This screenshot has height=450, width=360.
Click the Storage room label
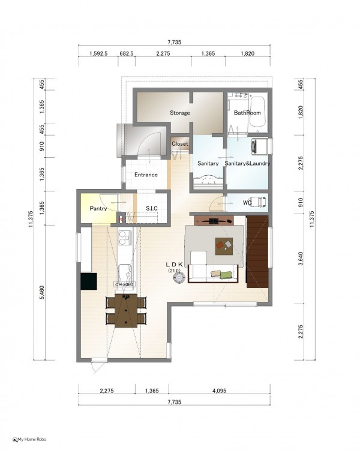pyautogui.click(x=180, y=113)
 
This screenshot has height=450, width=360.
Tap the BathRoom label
pyautogui.click(x=247, y=113)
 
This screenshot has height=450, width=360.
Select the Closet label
pyautogui.click(x=180, y=144)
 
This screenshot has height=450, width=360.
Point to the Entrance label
pyautogui.click(x=146, y=175)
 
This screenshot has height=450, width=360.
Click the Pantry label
pyautogui.click(x=98, y=208)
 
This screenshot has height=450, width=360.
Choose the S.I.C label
pyautogui.click(x=152, y=208)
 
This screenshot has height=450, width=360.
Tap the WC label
pyautogui.click(x=247, y=203)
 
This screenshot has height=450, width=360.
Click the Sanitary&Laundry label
pyautogui.click(x=247, y=163)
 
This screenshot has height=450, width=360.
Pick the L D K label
pyautogui.click(x=174, y=264)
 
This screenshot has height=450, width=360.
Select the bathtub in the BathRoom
pyautogui.click(x=257, y=112)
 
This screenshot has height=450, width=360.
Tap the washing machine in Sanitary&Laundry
pyautogui.click(x=260, y=146)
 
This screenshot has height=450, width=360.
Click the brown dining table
pyautogui.click(x=126, y=311)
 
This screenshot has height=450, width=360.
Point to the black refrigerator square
pyautogui.click(x=88, y=281)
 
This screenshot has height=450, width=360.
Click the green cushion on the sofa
pyautogui.click(x=226, y=275)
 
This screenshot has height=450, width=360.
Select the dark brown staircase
pyautogui.click(x=257, y=251)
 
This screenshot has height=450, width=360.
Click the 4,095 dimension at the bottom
pyautogui.click(x=220, y=391)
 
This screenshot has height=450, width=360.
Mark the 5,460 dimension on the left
pyautogui.click(x=42, y=292)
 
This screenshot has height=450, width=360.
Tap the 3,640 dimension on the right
pyautogui.click(x=301, y=258)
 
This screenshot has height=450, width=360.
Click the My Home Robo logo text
pyautogui.click(x=29, y=439)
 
